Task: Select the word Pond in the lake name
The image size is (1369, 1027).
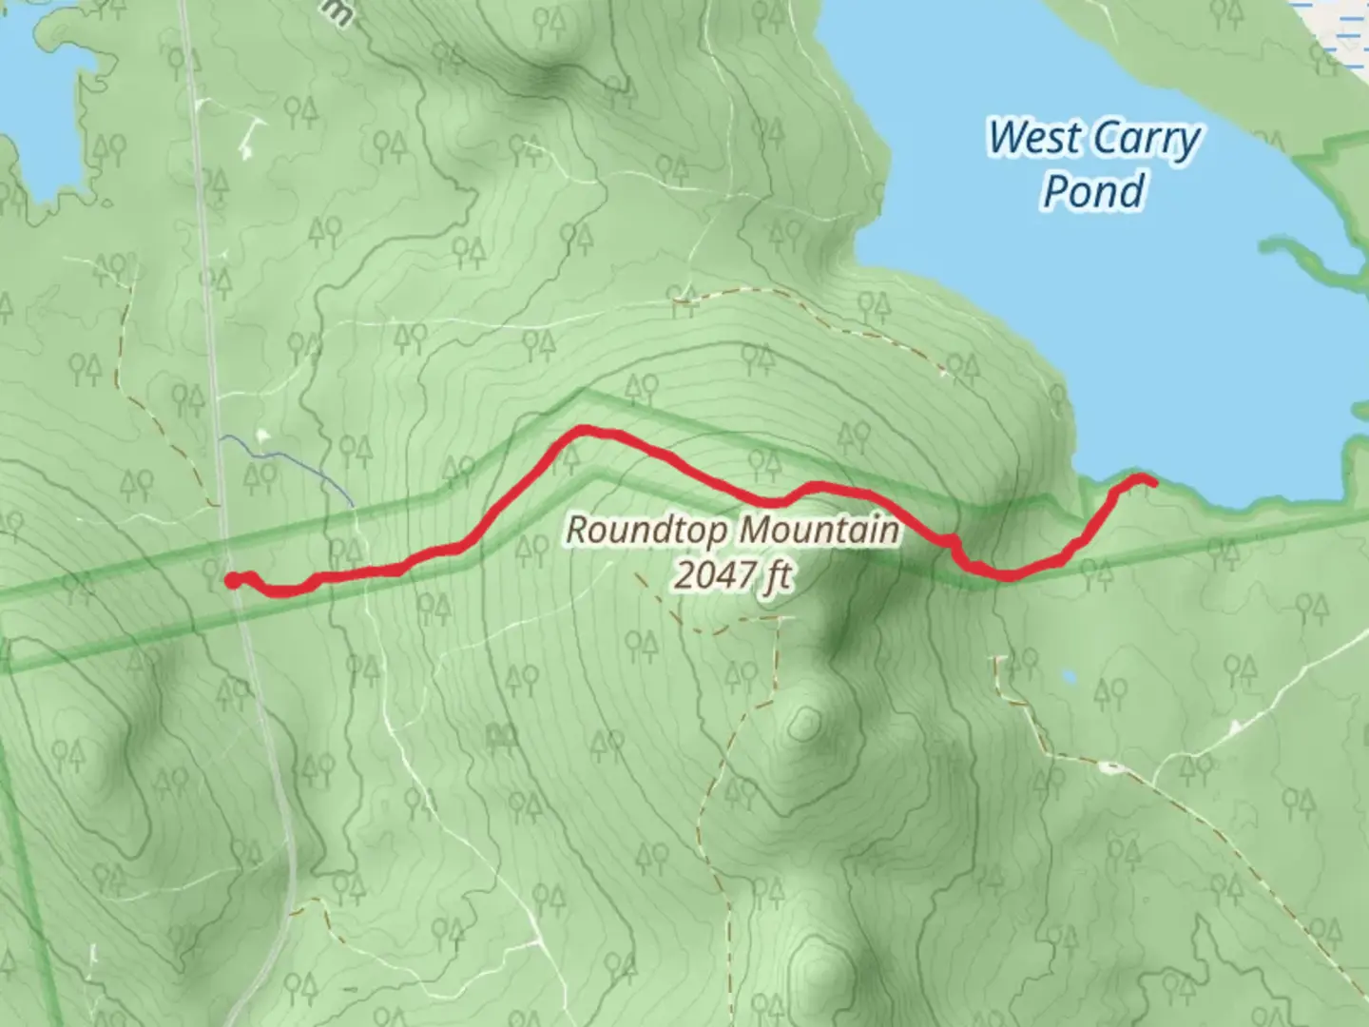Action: coord(1092,191)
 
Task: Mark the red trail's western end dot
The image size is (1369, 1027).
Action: coord(231,580)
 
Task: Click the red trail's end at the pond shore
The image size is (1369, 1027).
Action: coord(1151,483)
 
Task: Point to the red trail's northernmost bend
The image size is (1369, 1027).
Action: coord(582,431)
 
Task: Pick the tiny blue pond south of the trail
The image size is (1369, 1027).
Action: coord(1069,676)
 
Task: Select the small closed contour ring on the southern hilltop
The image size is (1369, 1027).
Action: coord(804,724)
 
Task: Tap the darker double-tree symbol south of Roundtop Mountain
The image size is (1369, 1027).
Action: coord(501,734)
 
